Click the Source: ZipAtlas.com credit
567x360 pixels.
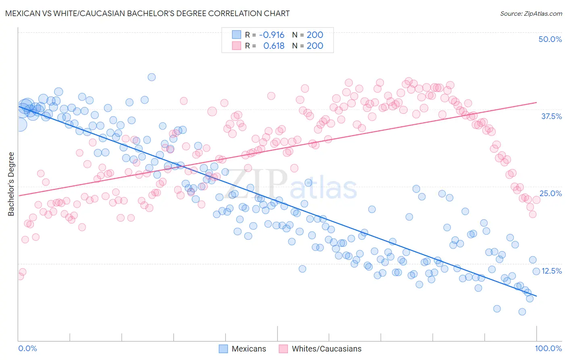pyautogui.click(x=531, y=14)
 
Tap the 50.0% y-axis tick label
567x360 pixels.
pyautogui.click(x=550, y=39)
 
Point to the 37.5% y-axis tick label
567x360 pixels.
pyautogui.click(x=551, y=116)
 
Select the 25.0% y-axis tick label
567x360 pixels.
pyautogui.click(x=550, y=193)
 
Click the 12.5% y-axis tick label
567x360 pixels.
pyautogui.click(x=551, y=271)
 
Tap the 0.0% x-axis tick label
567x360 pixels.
pyautogui.click(x=27, y=348)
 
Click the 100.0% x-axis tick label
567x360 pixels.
pyautogui.click(x=548, y=348)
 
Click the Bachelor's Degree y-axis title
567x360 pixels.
pyautogui.click(x=11, y=184)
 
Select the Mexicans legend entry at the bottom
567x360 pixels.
pyautogui.click(x=242, y=349)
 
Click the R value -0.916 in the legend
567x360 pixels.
pyautogui.click(x=272, y=35)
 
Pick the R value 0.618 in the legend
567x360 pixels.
pyautogui.click(x=274, y=46)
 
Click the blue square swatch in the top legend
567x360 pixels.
pyautogui.click(x=236, y=35)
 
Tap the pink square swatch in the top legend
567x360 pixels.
pyautogui.click(x=236, y=46)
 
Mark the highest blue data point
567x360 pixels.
pyautogui.click(x=152, y=77)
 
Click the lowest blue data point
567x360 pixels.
pyautogui.click(x=522, y=312)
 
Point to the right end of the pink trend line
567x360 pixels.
pyautogui.click(x=536, y=103)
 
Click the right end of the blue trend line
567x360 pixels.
pyautogui.click(x=536, y=296)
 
